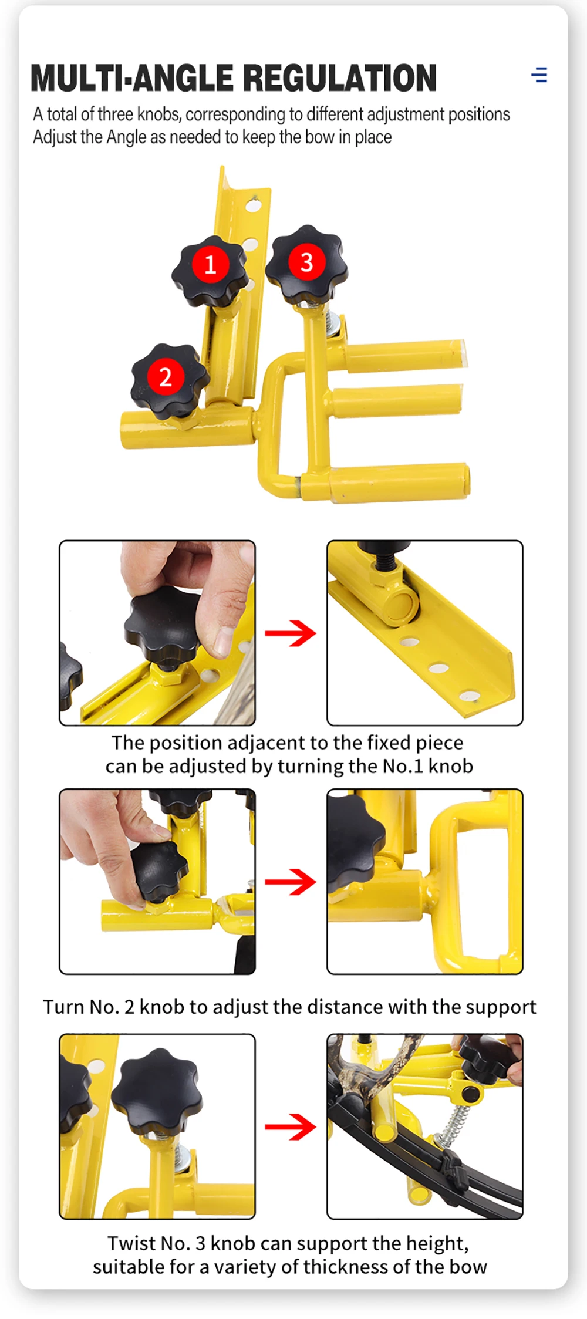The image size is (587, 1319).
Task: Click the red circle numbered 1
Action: click(x=210, y=264)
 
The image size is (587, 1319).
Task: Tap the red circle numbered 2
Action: click(x=165, y=377)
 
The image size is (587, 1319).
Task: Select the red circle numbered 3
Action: click(x=306, y=262)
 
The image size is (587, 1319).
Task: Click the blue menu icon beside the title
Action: click(x=539, y=75)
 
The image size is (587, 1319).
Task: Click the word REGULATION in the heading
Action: click(x=340, y=78)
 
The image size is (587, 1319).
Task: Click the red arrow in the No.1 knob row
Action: click(x=291, y=633)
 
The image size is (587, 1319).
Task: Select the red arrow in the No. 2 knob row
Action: click(x=291, y=881)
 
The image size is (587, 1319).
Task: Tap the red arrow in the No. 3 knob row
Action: click(x=291, y=1126)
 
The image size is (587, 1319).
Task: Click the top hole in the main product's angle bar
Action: click(x=253, y=205)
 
